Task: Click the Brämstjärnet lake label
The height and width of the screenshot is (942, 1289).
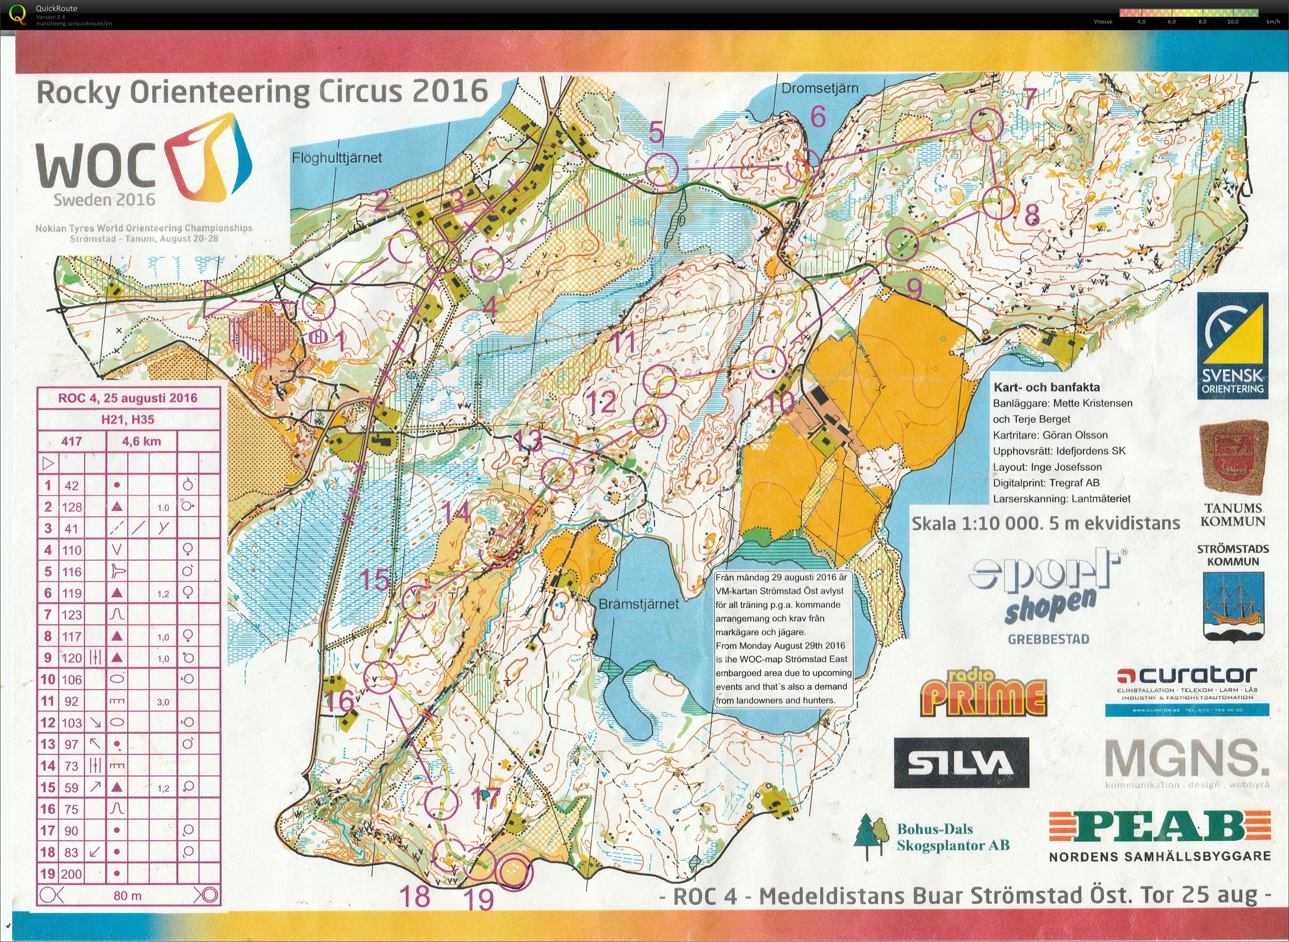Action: click(638, 604)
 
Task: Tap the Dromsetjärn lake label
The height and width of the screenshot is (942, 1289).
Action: click(820, 88)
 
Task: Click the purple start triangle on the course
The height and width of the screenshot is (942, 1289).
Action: click(217, 299)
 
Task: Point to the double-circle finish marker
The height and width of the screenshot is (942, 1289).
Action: click(514, 871)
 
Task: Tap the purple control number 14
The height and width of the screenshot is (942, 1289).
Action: click(456, 512)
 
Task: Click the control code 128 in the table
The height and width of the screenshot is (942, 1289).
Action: click(72, 507)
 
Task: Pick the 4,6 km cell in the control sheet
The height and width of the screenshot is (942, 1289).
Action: click(141, 441)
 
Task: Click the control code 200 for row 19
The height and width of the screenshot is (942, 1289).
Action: click(72, 874)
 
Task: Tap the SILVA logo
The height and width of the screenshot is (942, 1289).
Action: click(961, 763)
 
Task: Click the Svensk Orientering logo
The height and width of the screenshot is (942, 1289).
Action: click(1232, 345)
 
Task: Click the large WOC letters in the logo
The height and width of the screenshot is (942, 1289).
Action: click(96, 165)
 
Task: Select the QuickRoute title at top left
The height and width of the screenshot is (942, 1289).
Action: click(56, 8)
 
